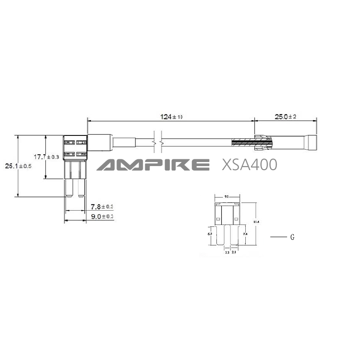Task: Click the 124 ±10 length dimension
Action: pyautogui.click(x=171, y=117)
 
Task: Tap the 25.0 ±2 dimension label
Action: pyautogui.click(x=285, y=117)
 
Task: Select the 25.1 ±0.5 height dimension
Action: pyautogui.click(x=18, y=166)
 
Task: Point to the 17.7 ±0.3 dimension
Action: pyautogui.click(x=47, y=157)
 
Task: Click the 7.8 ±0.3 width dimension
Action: pyautogui.click(x=102, y=207)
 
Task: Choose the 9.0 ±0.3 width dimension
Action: pyautogui.click(x=102, y=216)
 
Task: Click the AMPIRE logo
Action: pyautogui.click(x=153, y=165)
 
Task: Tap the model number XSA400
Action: pyautogui.click(x=249, y=165)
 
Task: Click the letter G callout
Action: pyautogui.click(x=292, y=237)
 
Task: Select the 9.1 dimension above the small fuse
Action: pyautogui.click(x=226, y=196)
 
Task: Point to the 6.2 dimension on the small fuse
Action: pyautogui.click(x=210, y=234)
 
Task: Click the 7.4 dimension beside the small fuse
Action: pyautogui.click(x=245, y=234)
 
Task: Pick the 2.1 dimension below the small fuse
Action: pyautogui.click(x=234, y=253)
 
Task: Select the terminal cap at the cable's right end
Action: pyautogui.click(x=310, y=142)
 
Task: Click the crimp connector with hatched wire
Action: pyautogui.click(x=261, y=142)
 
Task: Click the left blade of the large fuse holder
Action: pyautogui.click(x=70, y=187)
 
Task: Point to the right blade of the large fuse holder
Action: pyautogui.click(x=81, y=187)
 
